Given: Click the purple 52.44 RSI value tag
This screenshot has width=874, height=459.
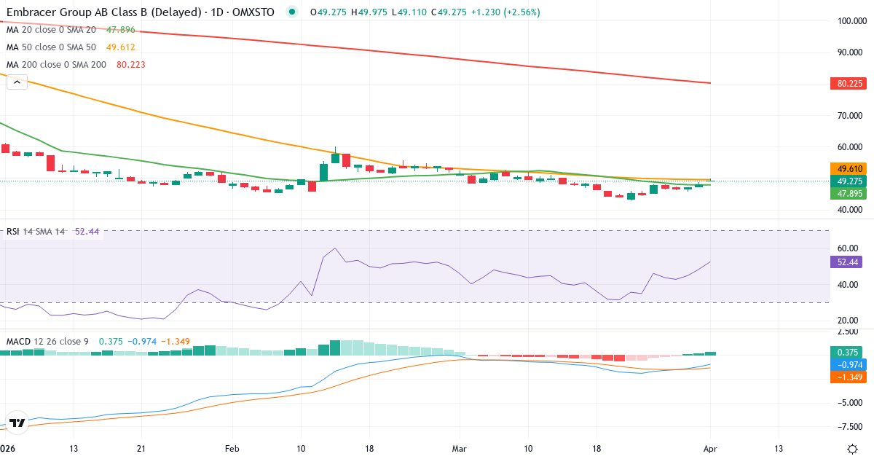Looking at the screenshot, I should point(846,262).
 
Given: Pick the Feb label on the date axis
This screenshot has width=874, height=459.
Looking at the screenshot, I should point(232,448).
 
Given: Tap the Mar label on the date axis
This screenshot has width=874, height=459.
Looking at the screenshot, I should point(459,448).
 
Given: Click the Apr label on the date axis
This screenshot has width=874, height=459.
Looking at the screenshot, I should point(710,448).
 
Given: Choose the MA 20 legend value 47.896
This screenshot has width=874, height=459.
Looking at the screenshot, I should point(120,30).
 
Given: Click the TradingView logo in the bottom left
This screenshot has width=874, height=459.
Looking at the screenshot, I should point(17,423).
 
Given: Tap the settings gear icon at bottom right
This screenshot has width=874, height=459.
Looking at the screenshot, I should point(852,448).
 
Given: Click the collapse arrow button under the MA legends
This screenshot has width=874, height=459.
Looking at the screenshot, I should point(17,82).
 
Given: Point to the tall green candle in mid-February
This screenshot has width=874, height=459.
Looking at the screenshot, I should point(323,172).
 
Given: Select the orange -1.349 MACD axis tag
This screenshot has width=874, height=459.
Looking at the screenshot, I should point(846,377).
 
